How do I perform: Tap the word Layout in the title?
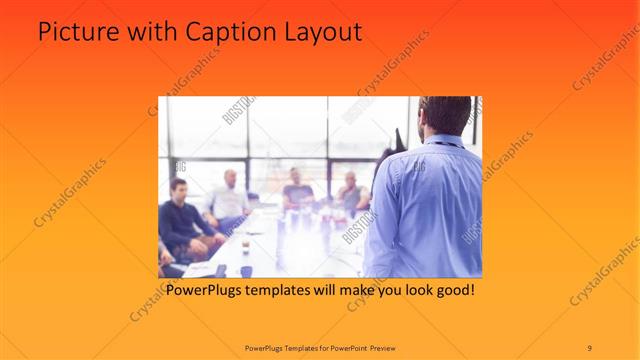[x=323, y=32]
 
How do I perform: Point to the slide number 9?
[x=589, y=346]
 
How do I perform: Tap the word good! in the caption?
[x=450, y=291]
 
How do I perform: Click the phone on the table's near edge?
[x=221, y=270]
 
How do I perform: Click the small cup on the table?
[x=246, y=244]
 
